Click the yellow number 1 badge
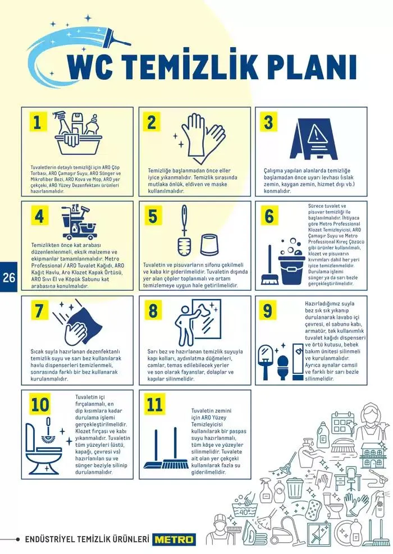(38, 123)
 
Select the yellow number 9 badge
(268, 310)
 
